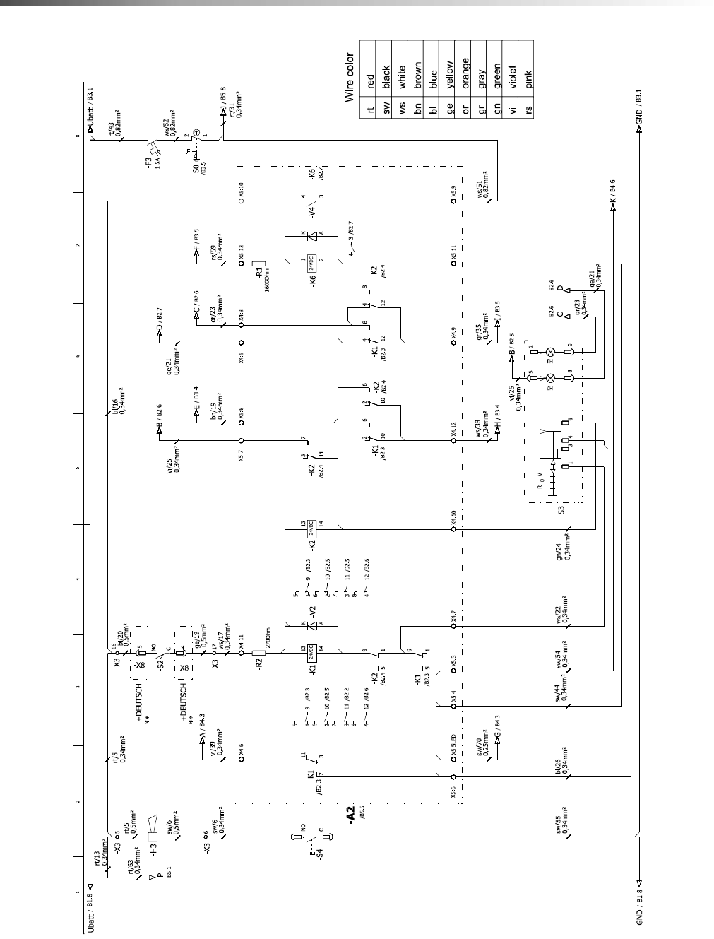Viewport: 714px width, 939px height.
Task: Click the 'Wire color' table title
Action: pyautogui.click(x=349, y=78)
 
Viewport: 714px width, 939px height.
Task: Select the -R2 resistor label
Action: pyautogui.click(x=259, y=664)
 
